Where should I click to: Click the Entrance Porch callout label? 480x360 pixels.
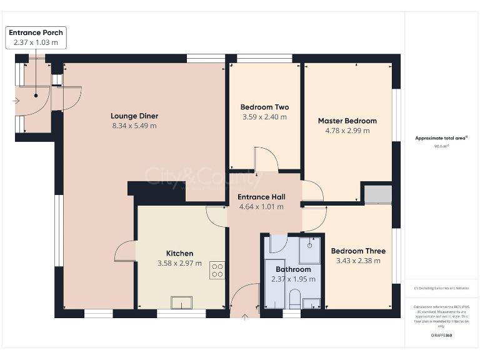(x=36, y=32)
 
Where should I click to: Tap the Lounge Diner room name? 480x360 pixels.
(x=134, y=116)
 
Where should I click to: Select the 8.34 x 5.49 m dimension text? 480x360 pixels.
(x=134, y=126)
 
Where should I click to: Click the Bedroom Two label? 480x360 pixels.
(x=264, y=107)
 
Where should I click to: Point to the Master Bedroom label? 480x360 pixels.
(x=347, y=121)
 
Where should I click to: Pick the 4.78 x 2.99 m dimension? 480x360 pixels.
(x=347, y=131)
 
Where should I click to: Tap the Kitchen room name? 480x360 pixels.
(x=179, y=253)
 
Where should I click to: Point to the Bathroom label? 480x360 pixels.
(x=293, y=269)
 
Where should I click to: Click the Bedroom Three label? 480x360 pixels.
(x=358, y=251)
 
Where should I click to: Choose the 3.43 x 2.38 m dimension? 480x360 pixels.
(x=358, y=261)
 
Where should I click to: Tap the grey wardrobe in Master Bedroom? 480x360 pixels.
(x=378, y=194)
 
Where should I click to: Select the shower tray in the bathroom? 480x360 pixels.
(x=309, y=249)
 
